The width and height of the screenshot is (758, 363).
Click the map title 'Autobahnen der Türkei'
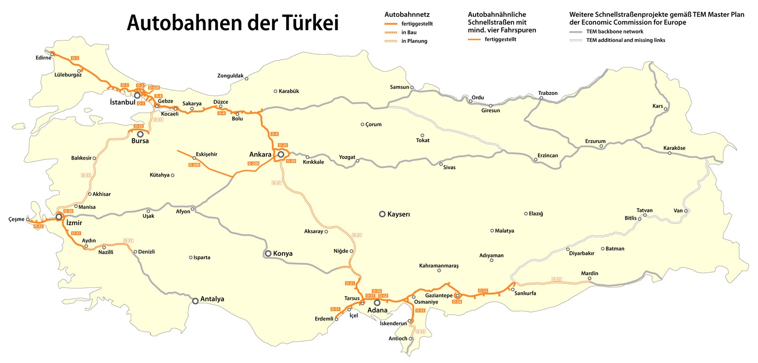[x=232, y=23]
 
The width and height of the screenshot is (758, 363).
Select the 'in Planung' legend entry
[x=414, y=41]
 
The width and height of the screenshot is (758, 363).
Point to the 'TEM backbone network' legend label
[x=614, y=31]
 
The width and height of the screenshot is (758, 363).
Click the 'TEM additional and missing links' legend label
[x=625, y=40]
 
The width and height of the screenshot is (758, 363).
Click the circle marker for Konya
[x=268, y=253]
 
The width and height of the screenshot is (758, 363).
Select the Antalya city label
[x=212, y=299]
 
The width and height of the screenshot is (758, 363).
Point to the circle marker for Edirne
[x=52, y=54]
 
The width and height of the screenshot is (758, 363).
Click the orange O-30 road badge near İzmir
[x=69, y=211]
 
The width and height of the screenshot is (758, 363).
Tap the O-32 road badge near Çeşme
[x=39, y=226]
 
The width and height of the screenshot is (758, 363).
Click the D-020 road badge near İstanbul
[x=154, y=87]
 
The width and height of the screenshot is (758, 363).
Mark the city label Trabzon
[x=548, y=93]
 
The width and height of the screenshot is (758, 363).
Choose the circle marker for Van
[x=685, y=211]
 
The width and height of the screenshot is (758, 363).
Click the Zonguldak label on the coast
[x=230, y=76]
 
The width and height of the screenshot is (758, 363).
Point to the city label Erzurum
[x=595, y=141]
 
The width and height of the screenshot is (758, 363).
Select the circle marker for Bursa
[x=140, y=134]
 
